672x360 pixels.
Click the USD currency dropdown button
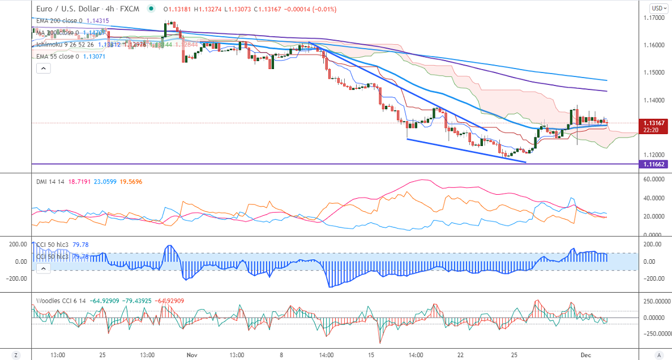(x=658, y=8)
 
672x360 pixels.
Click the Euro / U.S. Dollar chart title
(x=69, y=9)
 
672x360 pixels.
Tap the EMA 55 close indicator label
(x=55, y=56)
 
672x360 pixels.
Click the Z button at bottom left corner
(x=16, y=355)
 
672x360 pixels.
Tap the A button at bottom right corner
(x=658, y=355)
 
